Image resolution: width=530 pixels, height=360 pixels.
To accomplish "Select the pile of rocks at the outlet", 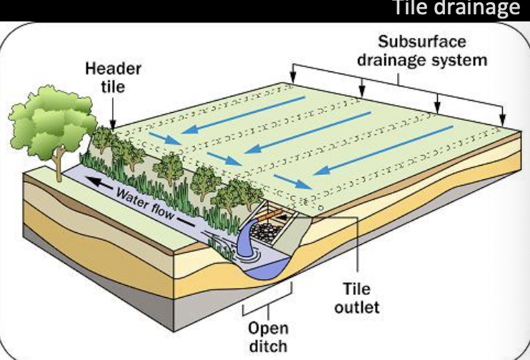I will (x=272, y=229).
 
